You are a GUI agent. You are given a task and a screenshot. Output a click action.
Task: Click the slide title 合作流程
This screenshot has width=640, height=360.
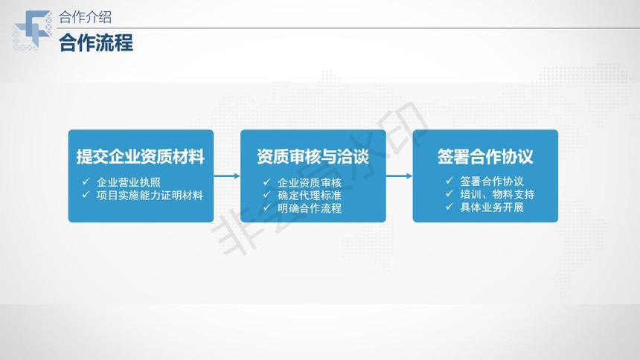coord(96,43)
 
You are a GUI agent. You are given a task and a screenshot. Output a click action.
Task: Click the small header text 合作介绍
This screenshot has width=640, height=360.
coord(85,17)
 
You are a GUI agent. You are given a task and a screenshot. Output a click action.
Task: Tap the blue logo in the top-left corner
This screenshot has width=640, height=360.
coord(33,30)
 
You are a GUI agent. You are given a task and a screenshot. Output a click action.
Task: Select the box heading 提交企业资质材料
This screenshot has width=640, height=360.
coord(141,157)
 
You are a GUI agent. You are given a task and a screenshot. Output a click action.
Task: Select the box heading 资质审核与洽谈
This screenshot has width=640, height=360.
coord(313,157)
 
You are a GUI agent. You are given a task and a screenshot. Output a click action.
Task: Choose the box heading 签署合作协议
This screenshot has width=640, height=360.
coord(485,157)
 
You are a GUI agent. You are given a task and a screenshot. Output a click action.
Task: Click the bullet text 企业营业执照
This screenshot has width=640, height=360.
coord(129,182)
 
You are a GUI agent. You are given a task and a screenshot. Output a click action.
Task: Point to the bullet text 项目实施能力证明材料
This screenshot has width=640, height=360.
coord(150,196)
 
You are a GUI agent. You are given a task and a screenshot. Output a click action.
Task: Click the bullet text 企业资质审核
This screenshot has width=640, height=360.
coord(310,182)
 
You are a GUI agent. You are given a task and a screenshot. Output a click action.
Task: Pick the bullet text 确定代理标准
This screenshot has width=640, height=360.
coord(310,196)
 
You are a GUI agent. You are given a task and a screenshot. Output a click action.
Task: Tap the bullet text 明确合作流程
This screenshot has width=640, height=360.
coord(310,208)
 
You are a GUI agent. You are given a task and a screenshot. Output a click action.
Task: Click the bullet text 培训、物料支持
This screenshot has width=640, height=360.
coord(497,194)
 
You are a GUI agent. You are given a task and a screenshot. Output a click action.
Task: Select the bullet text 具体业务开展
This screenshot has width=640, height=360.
coord(492,208)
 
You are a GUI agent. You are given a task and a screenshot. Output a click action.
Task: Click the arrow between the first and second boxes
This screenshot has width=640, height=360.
coord(227,176)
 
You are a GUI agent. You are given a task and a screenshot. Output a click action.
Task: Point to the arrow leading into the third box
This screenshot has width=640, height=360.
coord(399,176)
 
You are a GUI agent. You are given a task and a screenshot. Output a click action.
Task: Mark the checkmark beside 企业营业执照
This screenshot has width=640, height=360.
coord(86,181)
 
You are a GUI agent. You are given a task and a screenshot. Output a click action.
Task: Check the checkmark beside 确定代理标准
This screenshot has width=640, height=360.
coord(267,195)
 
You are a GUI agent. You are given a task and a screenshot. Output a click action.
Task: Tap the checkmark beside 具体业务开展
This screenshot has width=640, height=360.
coord(449,207)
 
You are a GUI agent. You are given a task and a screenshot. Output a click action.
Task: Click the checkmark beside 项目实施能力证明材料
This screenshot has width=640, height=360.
coord(86,195)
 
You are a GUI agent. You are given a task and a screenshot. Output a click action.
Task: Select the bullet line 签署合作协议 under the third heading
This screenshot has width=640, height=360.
coord(492,181)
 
